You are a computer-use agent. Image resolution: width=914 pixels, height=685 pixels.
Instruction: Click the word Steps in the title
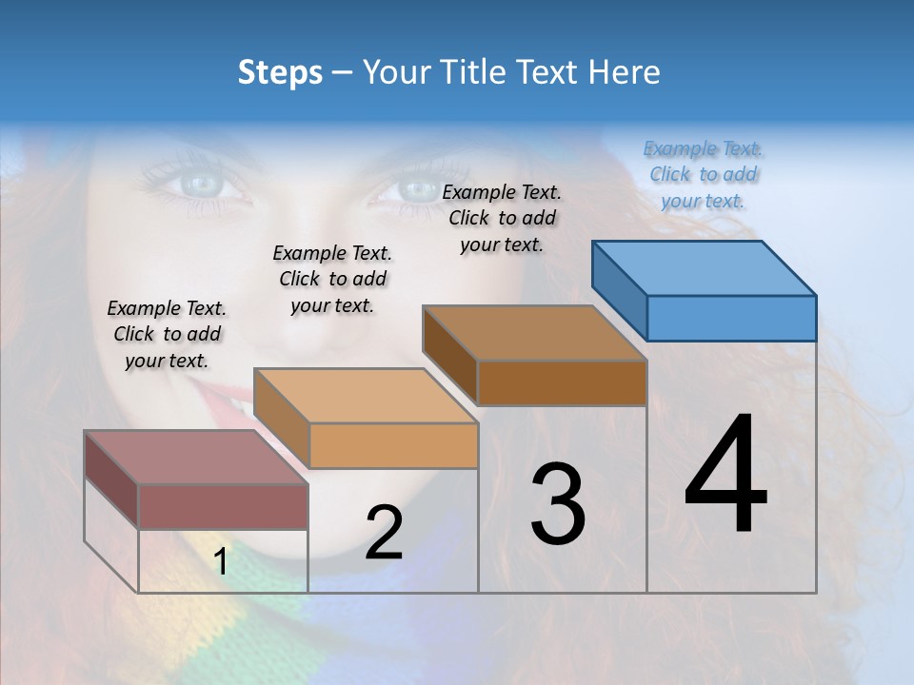click(x=280, y=72)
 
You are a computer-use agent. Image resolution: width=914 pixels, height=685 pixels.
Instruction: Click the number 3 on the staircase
click(x=558, y=504)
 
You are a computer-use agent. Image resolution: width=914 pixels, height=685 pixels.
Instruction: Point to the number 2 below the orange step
click(x=384, y=533)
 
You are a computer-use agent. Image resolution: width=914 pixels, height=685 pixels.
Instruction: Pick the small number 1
click(x=221, y=562)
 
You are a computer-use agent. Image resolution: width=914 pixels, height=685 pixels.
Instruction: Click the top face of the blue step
click(x=705, y=268)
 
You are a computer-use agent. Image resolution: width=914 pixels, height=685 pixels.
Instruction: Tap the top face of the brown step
click(x=535, y=333)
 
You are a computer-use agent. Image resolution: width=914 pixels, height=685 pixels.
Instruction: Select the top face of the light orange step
click(x=366, y=396)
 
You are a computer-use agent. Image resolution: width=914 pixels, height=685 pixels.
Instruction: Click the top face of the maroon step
click(x=196, y=458)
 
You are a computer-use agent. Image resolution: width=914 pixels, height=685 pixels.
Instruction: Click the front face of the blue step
click(x=731, y=318)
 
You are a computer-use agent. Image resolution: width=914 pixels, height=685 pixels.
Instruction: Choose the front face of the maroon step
click(x=223, y=506)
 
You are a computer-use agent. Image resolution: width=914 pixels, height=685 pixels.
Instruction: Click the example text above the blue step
click(x=703, y=174)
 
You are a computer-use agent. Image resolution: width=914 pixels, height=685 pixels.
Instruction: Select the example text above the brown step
click(x=502, y=218)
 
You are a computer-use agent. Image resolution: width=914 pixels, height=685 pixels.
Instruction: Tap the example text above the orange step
click(x=332, y=279)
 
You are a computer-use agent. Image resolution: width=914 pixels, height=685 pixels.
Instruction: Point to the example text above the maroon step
click(x=167, y=334)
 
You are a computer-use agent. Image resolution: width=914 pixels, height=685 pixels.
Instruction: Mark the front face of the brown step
click(x=562, y=382)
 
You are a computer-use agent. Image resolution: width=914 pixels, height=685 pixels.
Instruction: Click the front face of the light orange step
click(x=393, y=445)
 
